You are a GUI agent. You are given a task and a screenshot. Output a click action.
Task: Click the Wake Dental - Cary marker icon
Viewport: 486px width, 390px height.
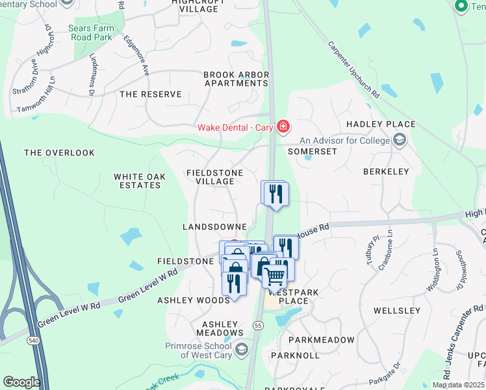click(x=283, y=127)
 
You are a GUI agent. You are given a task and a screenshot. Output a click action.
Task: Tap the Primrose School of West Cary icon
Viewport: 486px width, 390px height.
click(x=242, y=350)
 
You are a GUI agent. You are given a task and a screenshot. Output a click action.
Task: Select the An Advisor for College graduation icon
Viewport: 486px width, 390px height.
click(x=400, y=140)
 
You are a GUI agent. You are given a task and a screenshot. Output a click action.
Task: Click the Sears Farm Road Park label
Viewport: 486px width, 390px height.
click(x=91, y=32)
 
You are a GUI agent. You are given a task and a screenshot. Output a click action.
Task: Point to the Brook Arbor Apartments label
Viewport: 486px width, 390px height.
click(x=236, y=79)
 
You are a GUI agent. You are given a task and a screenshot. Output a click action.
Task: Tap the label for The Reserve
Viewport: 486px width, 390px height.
click(x=151, y=94)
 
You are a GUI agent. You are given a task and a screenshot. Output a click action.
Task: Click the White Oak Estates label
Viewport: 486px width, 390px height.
click(x=137, y=181)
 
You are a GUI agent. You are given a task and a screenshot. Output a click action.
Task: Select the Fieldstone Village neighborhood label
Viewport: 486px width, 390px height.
click(x=214, y=177)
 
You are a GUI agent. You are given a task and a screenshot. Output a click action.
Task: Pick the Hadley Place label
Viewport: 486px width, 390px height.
click(x=381, y=124)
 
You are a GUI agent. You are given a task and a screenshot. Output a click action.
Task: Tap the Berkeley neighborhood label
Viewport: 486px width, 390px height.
click(x=387, y=172)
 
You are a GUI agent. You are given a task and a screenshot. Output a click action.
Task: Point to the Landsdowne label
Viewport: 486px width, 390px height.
click(x=214, y=226)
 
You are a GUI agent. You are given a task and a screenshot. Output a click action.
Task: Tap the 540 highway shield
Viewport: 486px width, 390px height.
click(x=31, y=340)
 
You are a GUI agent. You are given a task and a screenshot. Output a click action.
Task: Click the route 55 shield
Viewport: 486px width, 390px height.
click(x=258, y=325)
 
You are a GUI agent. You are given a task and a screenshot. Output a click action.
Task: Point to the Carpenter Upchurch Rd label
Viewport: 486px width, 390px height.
click(x=354, y=70)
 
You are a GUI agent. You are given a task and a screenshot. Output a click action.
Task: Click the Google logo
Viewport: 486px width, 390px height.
click(x=21, y=382)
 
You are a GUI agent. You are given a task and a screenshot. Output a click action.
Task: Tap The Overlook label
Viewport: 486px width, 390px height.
click(x=59, y=153)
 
